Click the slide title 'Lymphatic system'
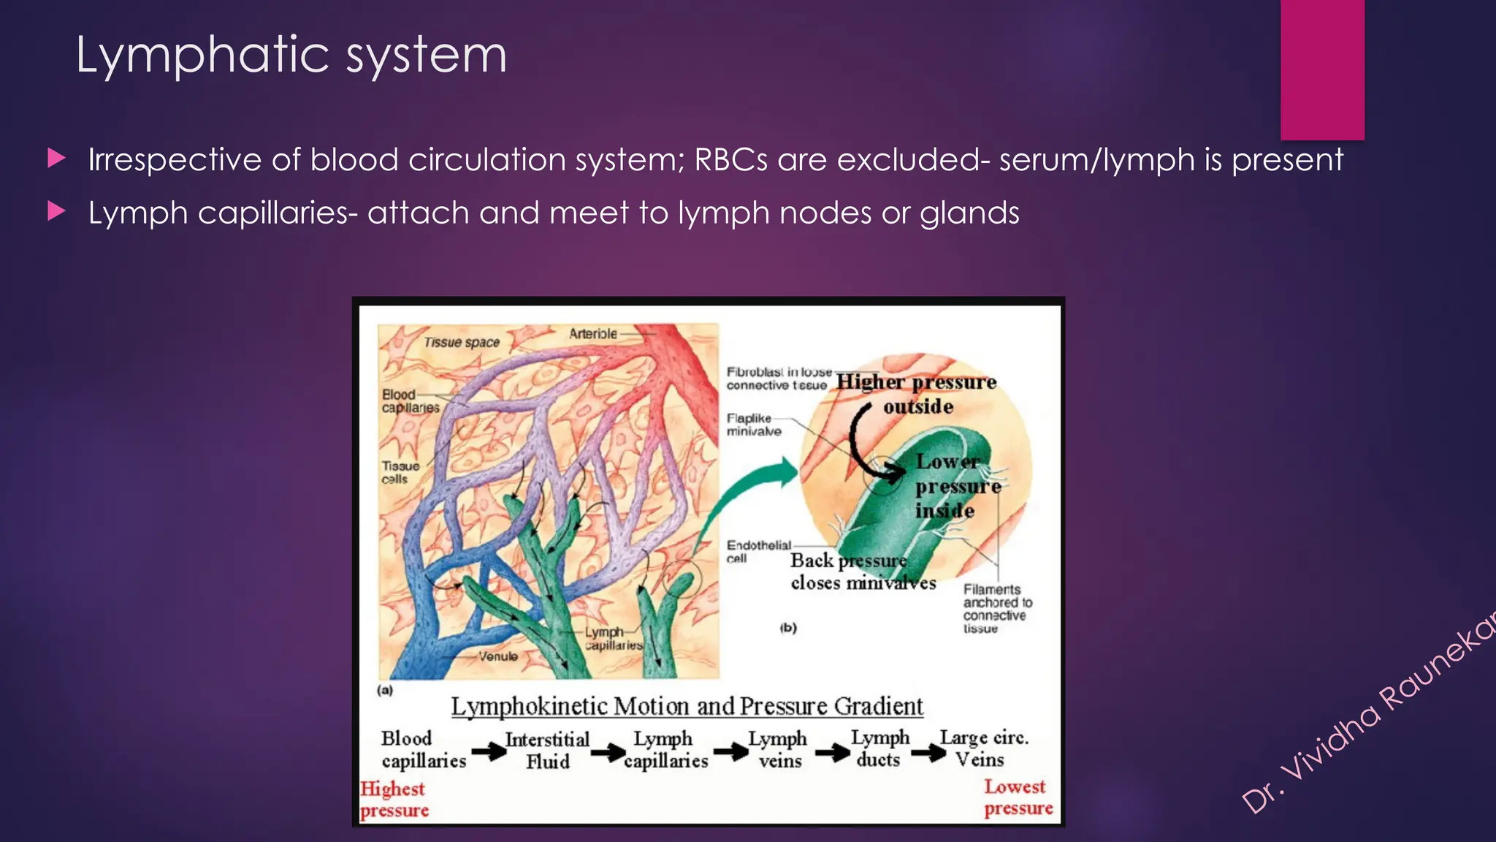[x=291, y=56]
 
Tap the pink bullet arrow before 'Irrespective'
[x=56, y=158]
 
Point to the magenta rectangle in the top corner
[x=1322, y=69]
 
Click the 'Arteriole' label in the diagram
[x=592, y=334]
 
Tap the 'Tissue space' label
[x=462, y=342]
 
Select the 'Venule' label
[x=498, y=656]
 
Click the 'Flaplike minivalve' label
[x=753, y=425]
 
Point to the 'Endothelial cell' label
[x=757, y=551]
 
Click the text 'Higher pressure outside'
[x=917, y=393]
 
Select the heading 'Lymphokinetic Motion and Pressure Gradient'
[x=687, y=706]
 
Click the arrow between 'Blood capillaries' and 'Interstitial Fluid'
[x=488, y=751]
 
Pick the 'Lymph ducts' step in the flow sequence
[x=879, y=748]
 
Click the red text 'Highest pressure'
[x=394, y=799]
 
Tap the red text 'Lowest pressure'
[x=1018, y=797]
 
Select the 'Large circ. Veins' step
[x=982, y=748]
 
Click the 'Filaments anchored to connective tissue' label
[x=996, y=608]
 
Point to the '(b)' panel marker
[x=787, y=627]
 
